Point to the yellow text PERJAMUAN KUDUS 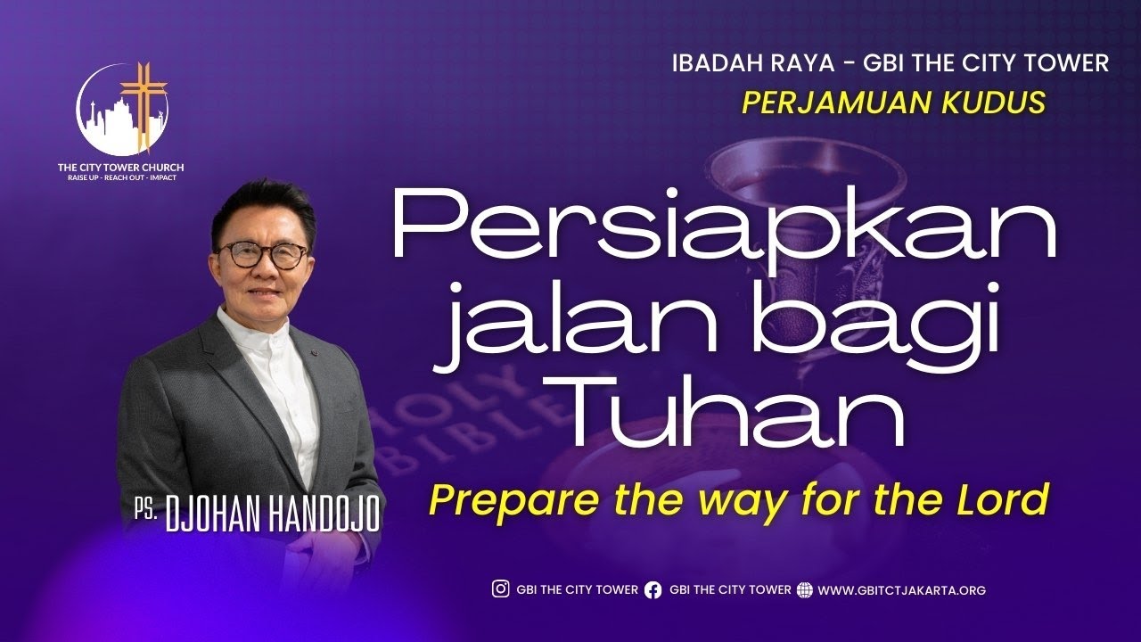(894, 103)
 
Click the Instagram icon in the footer (501, 589)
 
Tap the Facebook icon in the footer (653, 589)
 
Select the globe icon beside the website (805, 589)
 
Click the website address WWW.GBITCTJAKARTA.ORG (901, 590)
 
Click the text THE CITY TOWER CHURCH (120, 167)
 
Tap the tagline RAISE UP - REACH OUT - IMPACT (120, 177)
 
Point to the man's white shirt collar (254, 334)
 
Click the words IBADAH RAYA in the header (728, 63)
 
